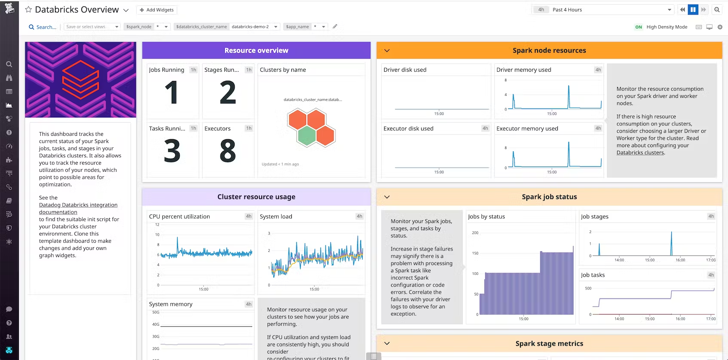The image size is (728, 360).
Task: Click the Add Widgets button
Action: (x=156, y=10)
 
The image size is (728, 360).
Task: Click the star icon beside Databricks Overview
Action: (x=28, y=9)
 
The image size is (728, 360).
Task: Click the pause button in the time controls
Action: (x=693, y=9)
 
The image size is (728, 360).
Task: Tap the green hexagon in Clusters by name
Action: (x=306, y=136)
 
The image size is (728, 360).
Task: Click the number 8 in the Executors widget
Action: (x=228, y=151)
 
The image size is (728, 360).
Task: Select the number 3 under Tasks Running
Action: (x=172, y=151)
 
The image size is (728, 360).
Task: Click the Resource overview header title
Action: (x=256, y=50)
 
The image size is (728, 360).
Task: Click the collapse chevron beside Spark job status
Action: (x=387, y=197)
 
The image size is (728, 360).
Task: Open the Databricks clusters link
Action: (x=640, y=153)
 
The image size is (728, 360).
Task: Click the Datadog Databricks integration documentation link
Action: (x=78, y=208)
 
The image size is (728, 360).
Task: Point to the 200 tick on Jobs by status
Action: (x=475, y=233)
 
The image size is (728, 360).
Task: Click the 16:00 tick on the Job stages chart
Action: (x=680, y=260)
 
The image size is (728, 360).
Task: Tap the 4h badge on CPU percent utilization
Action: (x=248, y=217)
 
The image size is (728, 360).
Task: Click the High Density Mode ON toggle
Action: (x=638, y=27)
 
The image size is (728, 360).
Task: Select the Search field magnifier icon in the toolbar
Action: (x=31, y=27)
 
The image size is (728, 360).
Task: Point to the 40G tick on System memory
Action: (x=156, y=324)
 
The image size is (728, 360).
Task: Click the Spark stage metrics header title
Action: (x=549, y=344)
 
